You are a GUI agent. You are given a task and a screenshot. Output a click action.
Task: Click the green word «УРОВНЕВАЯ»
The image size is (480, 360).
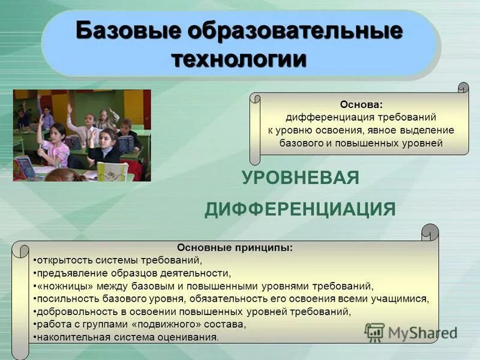pos(301,178)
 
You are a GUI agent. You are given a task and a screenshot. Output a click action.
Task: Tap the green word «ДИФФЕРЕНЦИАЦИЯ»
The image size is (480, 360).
pos(300,209)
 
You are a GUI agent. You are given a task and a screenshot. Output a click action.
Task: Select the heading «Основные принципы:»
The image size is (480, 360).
pos(235,247)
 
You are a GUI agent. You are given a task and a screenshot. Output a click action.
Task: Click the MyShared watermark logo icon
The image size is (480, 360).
pos(375,332)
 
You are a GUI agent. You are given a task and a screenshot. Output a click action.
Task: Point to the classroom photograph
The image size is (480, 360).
pos(82,135)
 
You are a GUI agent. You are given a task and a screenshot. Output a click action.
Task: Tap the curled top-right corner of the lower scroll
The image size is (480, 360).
pos(430,231)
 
